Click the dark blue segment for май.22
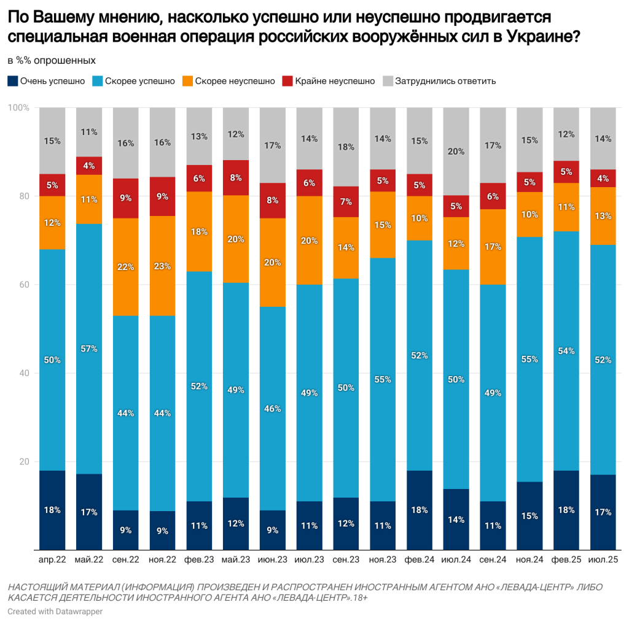[x=88, y=512]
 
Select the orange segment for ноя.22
[x=162, y=266]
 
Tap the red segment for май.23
[x=236, y=178]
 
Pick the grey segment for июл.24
[x=456, y=152]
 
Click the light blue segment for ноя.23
[x=382, y=379]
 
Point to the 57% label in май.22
[x=88, y=349]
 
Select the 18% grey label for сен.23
[x=346, y=147]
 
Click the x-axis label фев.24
[x=419, y=560]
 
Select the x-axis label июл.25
[x=603, y=560]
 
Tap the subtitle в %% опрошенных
[x=51, y=61]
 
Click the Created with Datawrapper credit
[x=55, y=611]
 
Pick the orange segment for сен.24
[x=493, y=247]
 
